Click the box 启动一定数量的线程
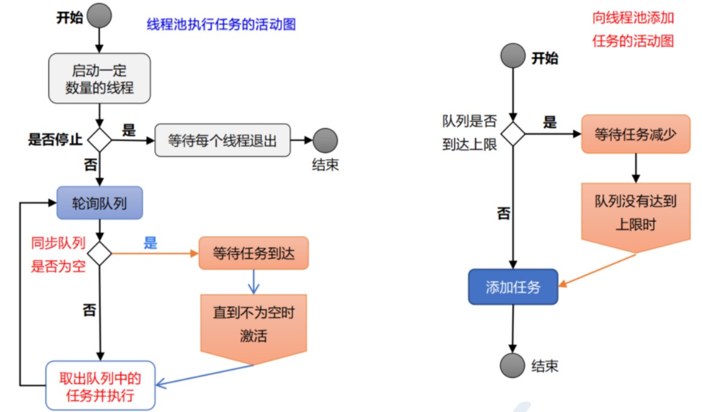(x=99, y=78)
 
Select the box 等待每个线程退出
(x=223, y=141)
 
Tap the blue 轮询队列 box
(x=100, y=203)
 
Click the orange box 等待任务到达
(x=254, y=253)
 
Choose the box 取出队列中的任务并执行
(x=100, y=385)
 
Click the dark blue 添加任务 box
(x=513, y=287)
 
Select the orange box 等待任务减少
(x=636, y=134)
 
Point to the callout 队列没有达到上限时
(x=636, y=218)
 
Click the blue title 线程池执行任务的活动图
(x=221, y=24)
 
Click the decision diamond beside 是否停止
(x=99, y=140)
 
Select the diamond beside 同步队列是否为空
(x=99, y=254)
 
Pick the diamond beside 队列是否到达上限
(x=513, y=134)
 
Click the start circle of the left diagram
(x=99, y=16)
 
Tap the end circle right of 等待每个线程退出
(x=325, y=141)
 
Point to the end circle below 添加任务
(x=513, y=365)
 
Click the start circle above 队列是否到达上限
(x=513, y=56)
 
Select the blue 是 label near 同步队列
(x=151, y=243)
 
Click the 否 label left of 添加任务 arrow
(x=504, y=213)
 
